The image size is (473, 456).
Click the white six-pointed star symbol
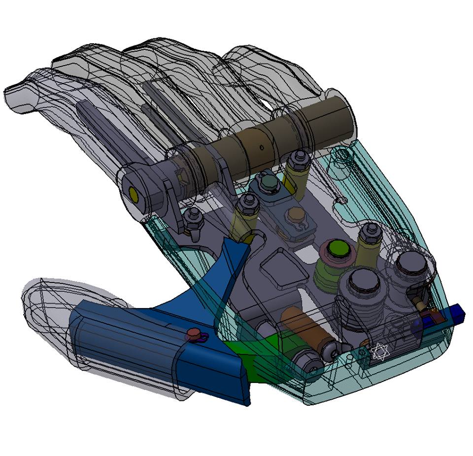coord(380,352)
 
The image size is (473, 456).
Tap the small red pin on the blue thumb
coord(195,334)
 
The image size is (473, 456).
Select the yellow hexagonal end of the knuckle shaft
coord(134,193)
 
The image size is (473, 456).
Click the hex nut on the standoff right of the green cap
coord(371,230)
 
